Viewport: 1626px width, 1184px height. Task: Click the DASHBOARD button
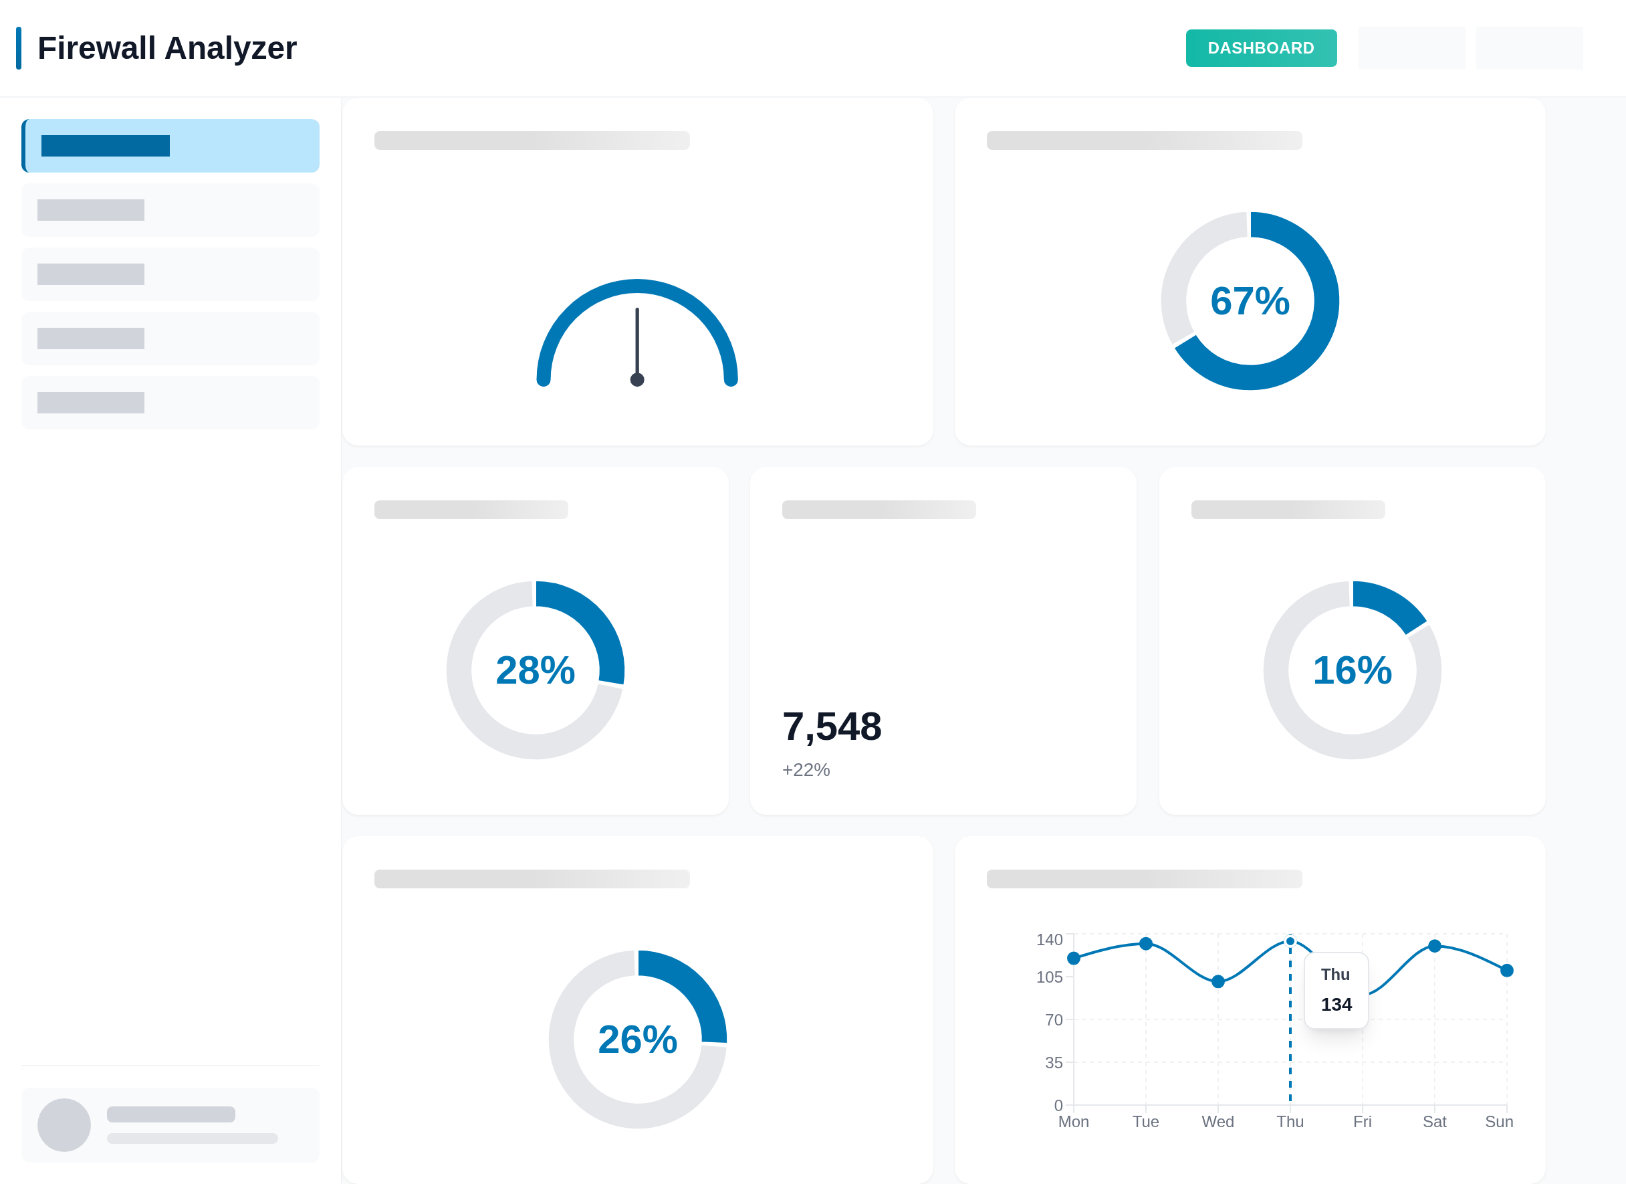point(1260,48)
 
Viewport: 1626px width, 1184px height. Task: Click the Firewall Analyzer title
point(166,48)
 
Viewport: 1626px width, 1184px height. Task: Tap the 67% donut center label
point(1250,301)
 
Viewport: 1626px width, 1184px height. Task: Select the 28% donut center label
point(536,670)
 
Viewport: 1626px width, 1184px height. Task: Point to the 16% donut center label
point(1352,670)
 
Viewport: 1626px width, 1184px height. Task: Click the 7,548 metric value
point(832,726)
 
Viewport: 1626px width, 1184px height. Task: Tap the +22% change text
point(806,769)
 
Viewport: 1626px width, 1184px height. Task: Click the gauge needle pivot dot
point(637,379)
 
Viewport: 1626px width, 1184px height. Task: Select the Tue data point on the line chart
point(1146,944)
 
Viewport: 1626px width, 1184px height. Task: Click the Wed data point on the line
point(1218,982)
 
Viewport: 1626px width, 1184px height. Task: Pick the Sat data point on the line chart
point(1435,946)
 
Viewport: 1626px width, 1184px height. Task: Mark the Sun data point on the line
point(1507,971)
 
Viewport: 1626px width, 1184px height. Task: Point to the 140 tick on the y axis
point(1049,939)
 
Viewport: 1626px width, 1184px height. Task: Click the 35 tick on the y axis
point(1053,1063)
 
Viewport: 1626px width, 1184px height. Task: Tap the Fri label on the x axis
point(1362,1122)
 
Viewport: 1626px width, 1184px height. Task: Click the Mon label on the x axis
point(1073,1122)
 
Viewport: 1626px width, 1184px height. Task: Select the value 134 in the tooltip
point(1337,1005)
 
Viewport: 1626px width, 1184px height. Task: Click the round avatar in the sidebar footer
point(64,1125)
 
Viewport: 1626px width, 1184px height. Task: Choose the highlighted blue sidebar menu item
point(170,146)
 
